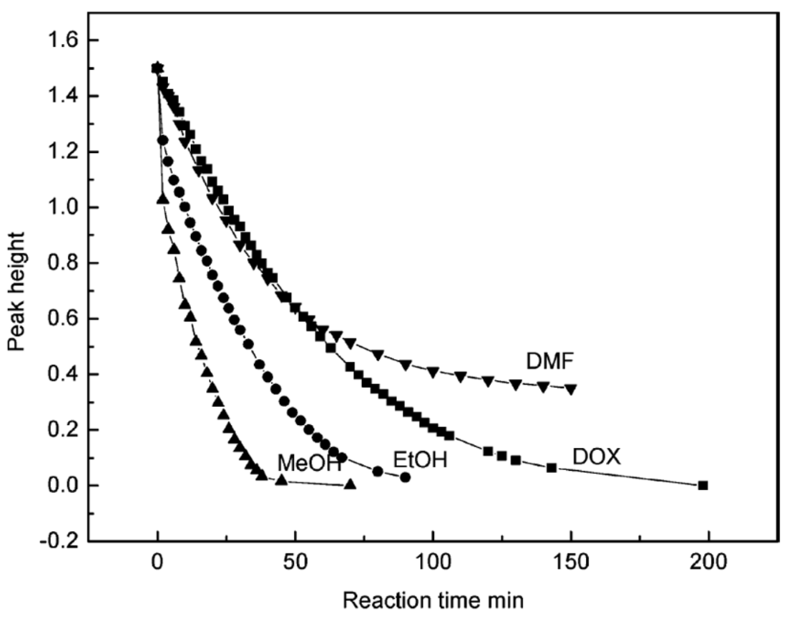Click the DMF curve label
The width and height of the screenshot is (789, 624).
click(x=550, y=361)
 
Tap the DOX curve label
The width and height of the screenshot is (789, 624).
click(x=596, y=457)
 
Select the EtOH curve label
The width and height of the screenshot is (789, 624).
click(x=420, y=460)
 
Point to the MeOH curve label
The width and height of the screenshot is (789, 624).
click(x=309, y=463)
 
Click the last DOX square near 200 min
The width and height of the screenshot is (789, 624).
click(x=703, y=486)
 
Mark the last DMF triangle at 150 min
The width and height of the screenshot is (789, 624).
click(x=571, y=389)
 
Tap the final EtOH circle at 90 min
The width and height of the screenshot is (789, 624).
click(x=405, y=477)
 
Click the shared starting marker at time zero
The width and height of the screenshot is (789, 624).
click(x=158, y=68)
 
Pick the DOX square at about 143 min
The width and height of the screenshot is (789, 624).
click(x=551, y=468)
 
